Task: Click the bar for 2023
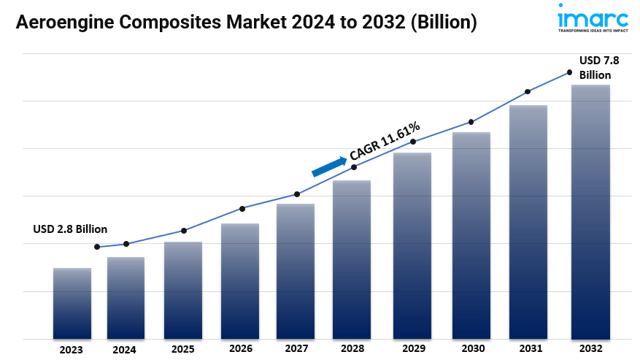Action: click(72, 303)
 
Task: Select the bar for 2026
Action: click(240, 281)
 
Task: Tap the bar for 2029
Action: click(412, 245)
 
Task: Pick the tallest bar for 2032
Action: click(590, 212)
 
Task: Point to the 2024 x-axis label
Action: click(124, 350)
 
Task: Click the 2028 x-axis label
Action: click(352, 349)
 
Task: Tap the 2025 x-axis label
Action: click(183, 349)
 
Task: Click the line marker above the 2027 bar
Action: click(297, 194)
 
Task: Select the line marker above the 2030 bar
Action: click(471, 122)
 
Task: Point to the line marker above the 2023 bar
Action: click(97, 247)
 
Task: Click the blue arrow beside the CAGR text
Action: click(329, 166)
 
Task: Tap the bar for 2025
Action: click(183, 290)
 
